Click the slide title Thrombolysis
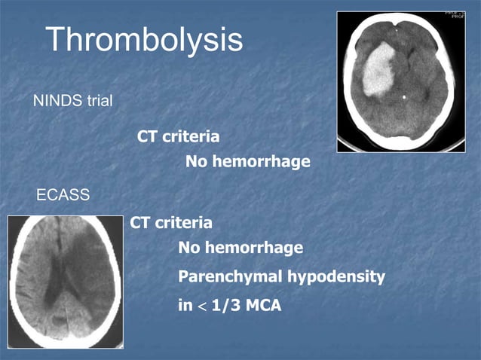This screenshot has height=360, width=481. tap(144, 40)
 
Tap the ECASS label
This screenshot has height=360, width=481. tap(63, 196)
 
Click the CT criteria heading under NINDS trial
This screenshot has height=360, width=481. tap(179, 137)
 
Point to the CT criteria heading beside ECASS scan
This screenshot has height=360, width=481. tap(171, 223)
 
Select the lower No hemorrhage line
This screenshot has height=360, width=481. tap(240, 248)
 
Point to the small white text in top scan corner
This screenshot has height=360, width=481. tap(455, 15)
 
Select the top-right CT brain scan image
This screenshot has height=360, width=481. tap(400, 81)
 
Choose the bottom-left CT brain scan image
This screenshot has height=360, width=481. tap(64, 281)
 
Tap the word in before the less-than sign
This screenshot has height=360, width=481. tap(185, 306)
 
